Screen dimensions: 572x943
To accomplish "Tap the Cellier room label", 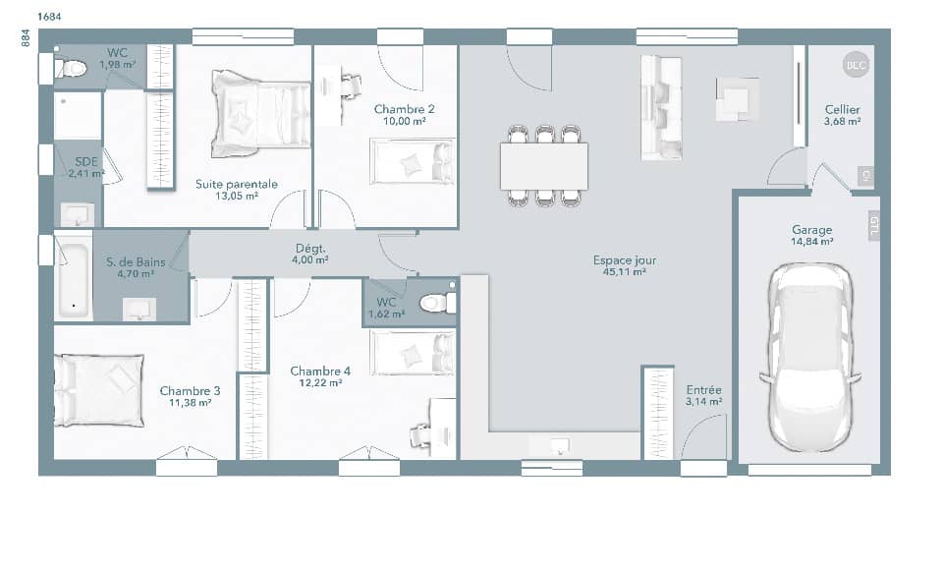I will click(x=842, y=110).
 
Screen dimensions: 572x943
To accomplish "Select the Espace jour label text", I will click(x=624, y=260).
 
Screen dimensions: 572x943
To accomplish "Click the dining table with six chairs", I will click(x=544, y=166).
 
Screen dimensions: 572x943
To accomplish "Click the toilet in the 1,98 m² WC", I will click(x=72, y=68).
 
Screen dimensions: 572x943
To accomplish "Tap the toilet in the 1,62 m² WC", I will click(x=435, y=303).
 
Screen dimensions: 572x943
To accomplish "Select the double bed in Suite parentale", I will click(x=259, y=112).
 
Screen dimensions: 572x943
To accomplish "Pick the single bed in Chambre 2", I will click(x=412, y=161).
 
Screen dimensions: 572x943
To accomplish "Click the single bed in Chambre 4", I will click(x=412, y=352).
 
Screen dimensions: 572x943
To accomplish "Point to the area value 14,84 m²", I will click(x=813, y=241).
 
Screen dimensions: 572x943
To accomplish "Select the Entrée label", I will click(x=703, y=389).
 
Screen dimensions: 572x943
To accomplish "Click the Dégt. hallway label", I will click(x=310, y=249).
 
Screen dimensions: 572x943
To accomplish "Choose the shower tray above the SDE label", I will click(x=78, y=116).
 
